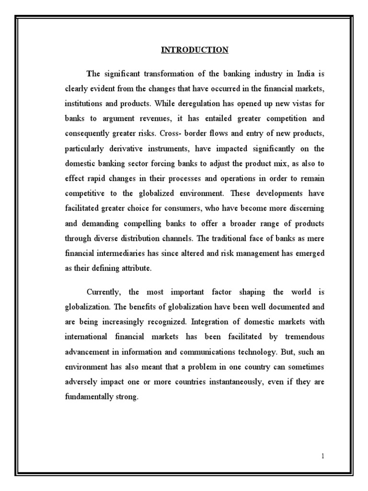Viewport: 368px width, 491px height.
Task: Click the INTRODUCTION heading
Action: coord(195,50)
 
